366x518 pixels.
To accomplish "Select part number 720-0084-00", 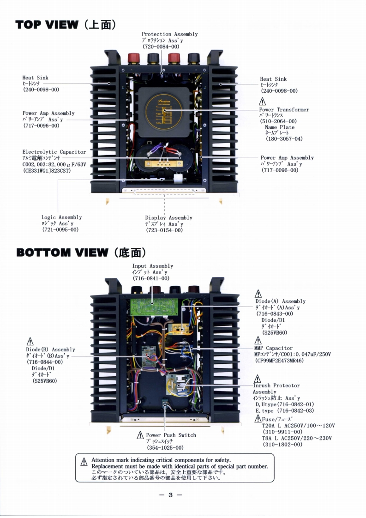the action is coord(161,47).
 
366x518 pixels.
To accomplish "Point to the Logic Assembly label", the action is coord(61,217).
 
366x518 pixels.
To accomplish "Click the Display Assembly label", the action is coord(168,218).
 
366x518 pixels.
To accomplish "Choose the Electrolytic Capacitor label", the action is coord(54,152).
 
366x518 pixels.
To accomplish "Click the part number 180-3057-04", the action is coord(284,139).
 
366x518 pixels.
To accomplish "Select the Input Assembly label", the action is coord(153,266).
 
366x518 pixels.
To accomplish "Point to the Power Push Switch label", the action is coord(171,435).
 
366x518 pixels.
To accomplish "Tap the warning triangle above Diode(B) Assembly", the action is coord(31,342).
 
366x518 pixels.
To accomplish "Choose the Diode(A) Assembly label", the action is coord(280,301).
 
